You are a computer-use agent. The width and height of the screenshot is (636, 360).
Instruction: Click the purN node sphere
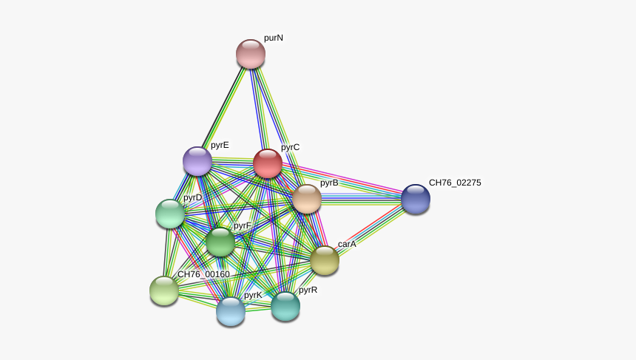(251, 54)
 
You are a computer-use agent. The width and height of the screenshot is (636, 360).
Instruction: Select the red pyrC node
(268, 163)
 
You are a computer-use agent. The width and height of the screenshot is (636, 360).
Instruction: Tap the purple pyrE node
(197, 161)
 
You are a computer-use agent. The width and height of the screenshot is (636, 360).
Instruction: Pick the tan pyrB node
(307, 199)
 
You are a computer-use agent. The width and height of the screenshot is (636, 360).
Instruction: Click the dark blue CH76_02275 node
(416, 199)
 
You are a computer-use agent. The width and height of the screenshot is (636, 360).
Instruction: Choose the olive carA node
(325, 260)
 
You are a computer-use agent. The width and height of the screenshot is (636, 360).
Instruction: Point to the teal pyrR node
(285, 306)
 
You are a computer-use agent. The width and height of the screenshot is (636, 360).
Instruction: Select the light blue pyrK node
(231, 311)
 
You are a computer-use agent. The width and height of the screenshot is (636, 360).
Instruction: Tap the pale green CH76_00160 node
(164, 291)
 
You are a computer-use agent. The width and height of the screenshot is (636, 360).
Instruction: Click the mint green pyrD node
(170, 214)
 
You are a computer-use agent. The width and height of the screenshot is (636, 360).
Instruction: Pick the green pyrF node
(220, 242)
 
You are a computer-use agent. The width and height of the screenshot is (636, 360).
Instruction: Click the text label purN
(274, 38)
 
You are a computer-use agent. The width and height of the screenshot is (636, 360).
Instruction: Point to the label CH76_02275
(455, 183)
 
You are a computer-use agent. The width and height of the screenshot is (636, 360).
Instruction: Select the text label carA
(347, 244)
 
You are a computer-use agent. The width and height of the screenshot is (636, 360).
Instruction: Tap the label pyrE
(220, 145)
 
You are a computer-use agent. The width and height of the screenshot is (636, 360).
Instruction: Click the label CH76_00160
(203, 274)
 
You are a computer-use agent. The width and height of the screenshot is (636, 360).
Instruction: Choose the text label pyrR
(308, 290)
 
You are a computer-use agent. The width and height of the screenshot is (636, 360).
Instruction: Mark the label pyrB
(329, 183)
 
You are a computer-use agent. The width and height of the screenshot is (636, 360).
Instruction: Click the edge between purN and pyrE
(224, 107)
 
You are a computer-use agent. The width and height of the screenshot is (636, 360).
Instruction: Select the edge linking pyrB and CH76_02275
(362, 199)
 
